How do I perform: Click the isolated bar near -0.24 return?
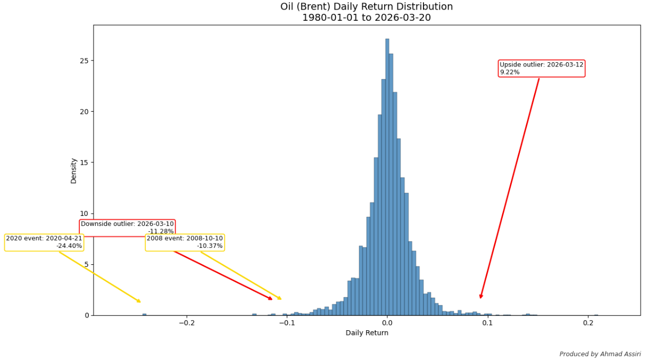144,314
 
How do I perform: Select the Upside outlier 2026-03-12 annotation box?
541,69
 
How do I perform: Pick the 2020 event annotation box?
44,242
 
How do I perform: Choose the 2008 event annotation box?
185,242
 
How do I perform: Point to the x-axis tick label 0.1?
487,323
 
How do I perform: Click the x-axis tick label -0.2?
187,323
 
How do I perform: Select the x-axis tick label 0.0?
387,323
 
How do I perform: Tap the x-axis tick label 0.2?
588,323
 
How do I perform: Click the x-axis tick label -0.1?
287,323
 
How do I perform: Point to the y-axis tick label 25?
84,61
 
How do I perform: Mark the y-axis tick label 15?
84,163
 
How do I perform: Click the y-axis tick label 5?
86,265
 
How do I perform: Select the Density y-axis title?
73,171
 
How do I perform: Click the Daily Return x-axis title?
367,333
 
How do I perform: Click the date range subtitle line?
367,18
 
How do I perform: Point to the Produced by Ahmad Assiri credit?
600,354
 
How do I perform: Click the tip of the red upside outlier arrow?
480,299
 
